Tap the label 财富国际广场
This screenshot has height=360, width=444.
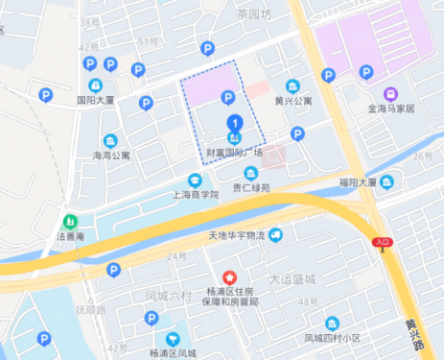pos(234,153)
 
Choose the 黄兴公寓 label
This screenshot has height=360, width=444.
pos(293,100)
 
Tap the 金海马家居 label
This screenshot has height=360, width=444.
pos(390,108)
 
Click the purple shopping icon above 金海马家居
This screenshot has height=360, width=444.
pos(390,94)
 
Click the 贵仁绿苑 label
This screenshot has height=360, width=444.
pos(251,187)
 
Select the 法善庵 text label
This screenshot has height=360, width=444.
pos(69,235)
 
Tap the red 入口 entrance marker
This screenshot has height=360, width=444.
pos(383,244)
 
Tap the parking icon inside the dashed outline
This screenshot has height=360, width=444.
pos(228,96)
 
